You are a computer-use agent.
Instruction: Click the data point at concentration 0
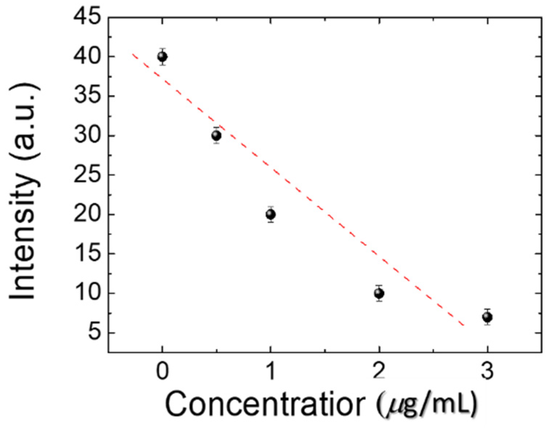162,57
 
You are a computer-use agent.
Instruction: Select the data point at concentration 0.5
216,136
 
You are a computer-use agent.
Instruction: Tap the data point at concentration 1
270,215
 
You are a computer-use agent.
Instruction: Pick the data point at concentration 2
379,293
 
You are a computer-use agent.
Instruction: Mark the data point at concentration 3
487,317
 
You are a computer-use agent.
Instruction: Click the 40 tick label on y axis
87,57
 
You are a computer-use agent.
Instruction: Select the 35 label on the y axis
87,96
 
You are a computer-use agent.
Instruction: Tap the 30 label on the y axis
87,136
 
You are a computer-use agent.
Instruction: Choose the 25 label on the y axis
87,175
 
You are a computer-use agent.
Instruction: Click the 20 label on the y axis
87,215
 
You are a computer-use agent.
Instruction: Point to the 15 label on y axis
87,254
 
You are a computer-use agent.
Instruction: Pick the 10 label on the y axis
87,293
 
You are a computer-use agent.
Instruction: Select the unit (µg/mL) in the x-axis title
427,404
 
